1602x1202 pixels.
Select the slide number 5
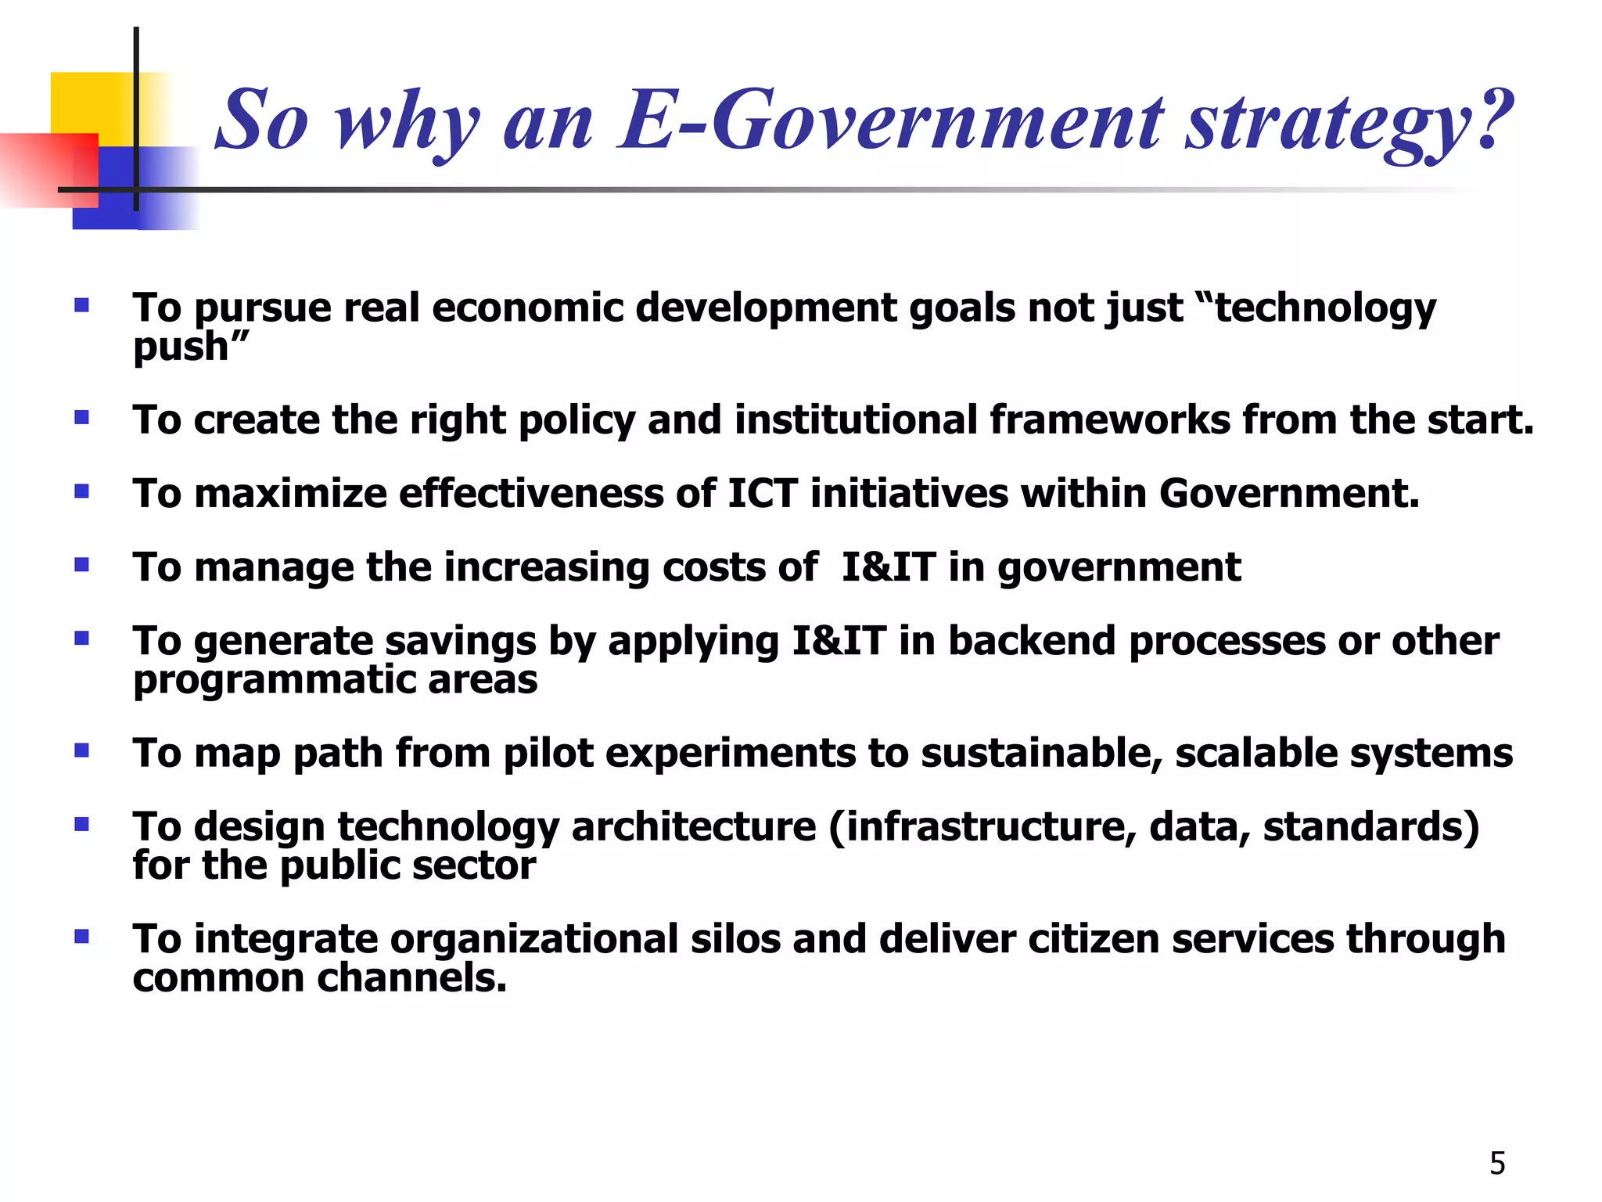(x=1497, y=1164)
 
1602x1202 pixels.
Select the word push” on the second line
(x=191, y=346)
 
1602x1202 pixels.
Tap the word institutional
(x=856, y=419)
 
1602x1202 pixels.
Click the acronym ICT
(x=762, y=493)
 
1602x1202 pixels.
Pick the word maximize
(x=290, y=493)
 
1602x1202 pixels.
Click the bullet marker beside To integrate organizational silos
(x=81, y=937)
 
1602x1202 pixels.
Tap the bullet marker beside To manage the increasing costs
(x=81, y=564)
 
